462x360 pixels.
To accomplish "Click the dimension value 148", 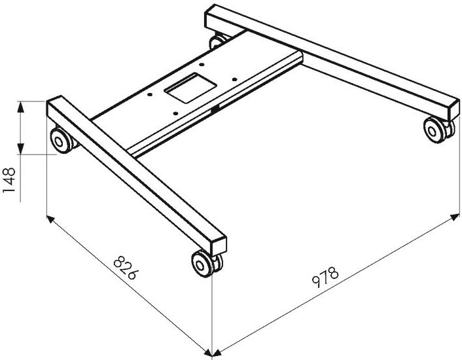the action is tap(9, 180).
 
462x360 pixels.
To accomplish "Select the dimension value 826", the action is tap(126, 268).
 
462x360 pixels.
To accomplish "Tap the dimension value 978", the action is tap(325, 277).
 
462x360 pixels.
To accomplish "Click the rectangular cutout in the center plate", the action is tap(191, 88).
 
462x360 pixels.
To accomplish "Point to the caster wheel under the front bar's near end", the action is tap(207, 263).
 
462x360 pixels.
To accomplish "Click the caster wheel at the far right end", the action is tap(438, 130).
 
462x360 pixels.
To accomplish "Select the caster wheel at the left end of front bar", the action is tap(63, 141).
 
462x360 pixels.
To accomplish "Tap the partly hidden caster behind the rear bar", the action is tap(219, 41).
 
